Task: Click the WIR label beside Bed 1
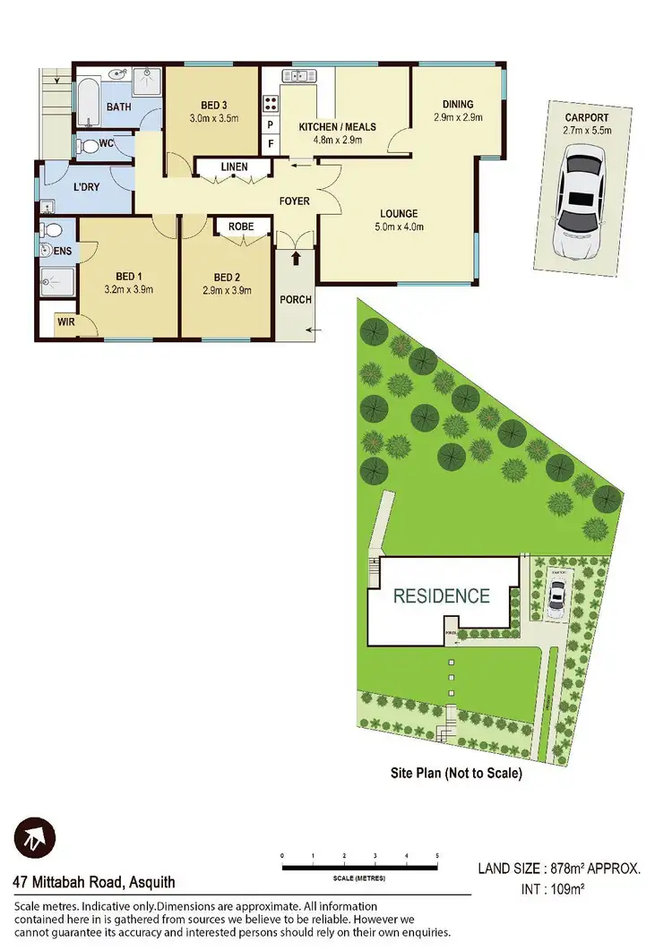click(x=66, y=320)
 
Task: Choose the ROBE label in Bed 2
click(x=241, y=227)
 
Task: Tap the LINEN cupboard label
click(x=234, y=167)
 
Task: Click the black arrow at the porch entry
click(x=295, y=260)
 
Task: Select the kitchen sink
click(x=297, y=76)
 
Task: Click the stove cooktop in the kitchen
click(x=270, y=101)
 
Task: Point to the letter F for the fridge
click(x=270, y=143)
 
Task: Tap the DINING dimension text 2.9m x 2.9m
click(x=457, y=117)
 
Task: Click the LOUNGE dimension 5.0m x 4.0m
click(x=399, y=227)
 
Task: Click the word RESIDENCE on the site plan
click(x=442, y=595)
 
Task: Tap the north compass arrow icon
click(x=34, y=840)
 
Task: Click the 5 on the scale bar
click(x=437, y=857)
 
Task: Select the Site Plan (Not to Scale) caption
click(x=456, y=772)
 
